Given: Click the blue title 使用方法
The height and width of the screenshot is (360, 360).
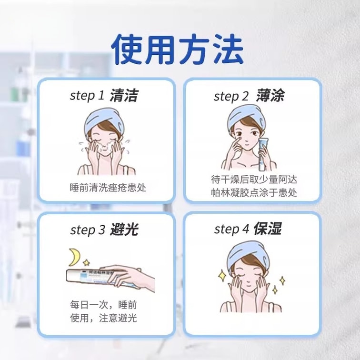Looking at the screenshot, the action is tap(177, 50).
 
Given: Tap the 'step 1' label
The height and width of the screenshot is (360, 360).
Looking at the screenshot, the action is tap(87, 96).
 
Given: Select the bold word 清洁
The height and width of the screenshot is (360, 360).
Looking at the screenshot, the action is tap(124, 95).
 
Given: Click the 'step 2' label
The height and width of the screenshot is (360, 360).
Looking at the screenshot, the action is tap(231, 96).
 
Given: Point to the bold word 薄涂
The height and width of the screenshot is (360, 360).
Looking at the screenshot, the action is tap(270, 95).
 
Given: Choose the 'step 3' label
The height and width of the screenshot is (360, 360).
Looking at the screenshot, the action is tap(88, 230).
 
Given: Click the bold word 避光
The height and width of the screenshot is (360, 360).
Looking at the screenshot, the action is tap(124, 229).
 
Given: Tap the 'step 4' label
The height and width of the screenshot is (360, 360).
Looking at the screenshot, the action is tap(231, 229).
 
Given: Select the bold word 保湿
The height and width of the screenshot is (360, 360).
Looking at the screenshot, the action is tap(268, 228).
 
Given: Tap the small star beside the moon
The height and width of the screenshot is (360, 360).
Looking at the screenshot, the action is tap(86, 262).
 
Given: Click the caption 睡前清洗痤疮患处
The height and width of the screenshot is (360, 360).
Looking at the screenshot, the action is tap(108, 188).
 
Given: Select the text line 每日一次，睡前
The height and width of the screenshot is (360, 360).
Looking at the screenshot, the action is tap(103, 305).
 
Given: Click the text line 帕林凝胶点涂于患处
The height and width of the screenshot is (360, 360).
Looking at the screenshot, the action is tap(254, 192).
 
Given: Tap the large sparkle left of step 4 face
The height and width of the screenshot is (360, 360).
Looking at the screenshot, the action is tap(222, 275).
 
